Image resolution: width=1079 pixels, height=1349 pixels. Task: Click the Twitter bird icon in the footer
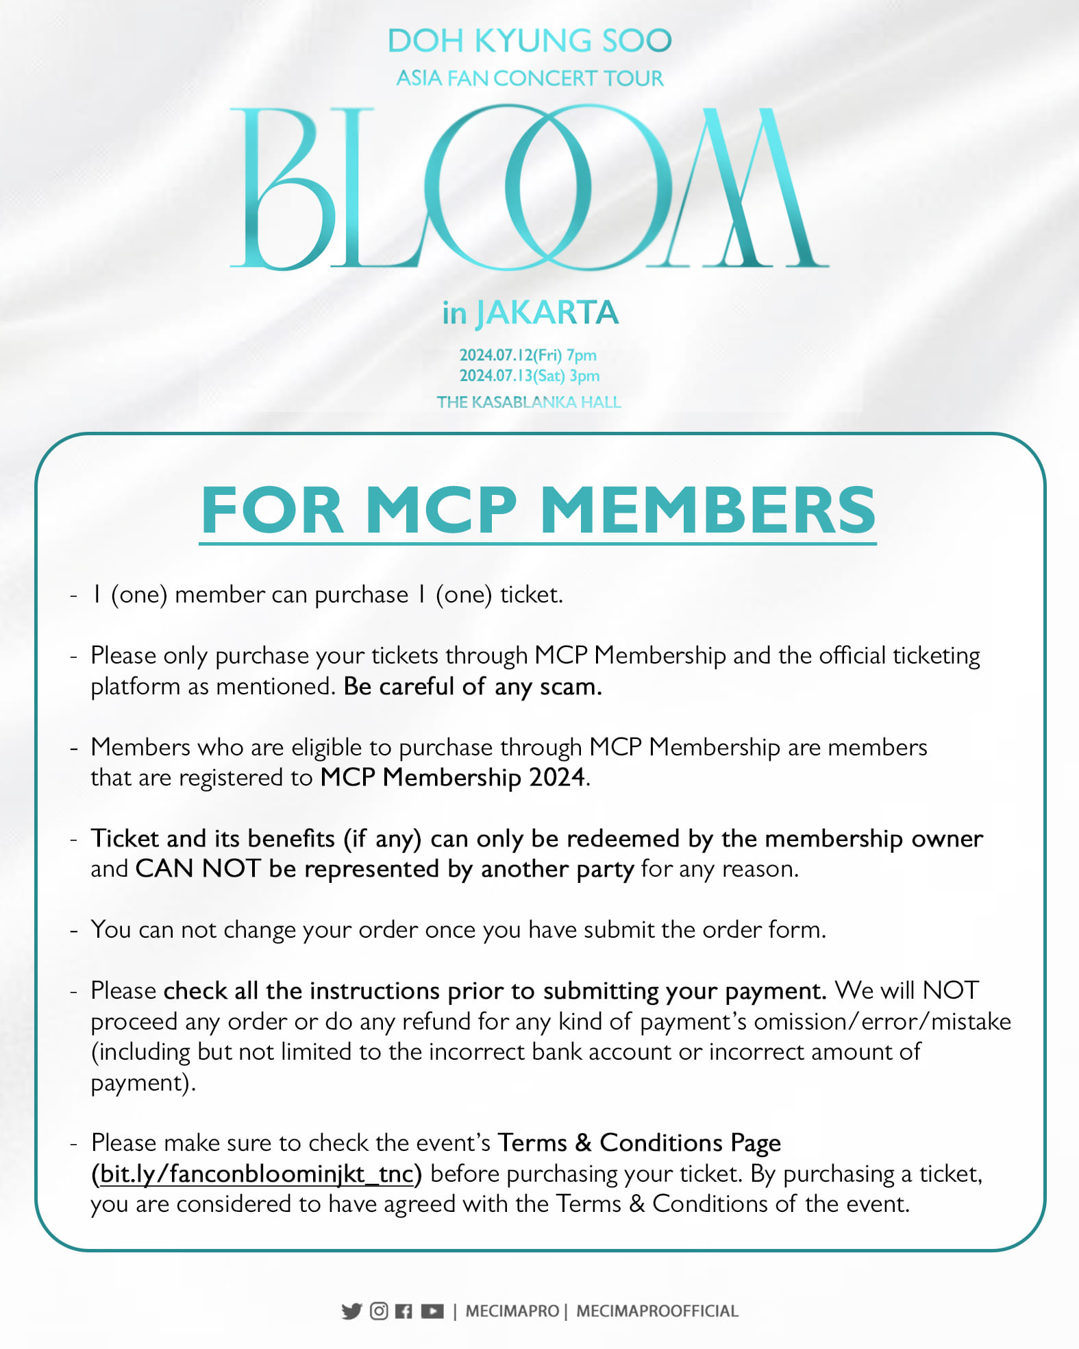tap(351, 1311)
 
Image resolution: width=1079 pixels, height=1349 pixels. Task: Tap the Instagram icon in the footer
tap(379, 1311)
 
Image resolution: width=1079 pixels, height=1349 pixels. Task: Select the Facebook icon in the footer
tap(404, 1311)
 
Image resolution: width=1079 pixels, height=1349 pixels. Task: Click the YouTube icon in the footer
tap(432, 1311)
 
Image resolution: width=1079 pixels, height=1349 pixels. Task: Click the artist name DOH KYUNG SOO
tap(530, 41)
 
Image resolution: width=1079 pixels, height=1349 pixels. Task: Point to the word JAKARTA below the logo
tap(547, 313)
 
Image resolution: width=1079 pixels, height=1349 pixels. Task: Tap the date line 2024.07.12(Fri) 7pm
tap(528, 355)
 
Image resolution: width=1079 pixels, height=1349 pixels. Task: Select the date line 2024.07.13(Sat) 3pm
tap(530, 376)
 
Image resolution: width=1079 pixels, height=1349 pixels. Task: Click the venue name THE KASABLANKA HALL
tap(529, 402)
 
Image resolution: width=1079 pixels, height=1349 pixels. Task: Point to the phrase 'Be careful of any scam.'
tap(473, 686)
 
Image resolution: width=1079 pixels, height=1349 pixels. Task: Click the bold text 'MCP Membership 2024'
tap(453, 777)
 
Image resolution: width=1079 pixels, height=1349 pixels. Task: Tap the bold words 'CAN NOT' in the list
tap(198, 868)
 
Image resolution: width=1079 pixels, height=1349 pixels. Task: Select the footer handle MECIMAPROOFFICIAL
tap(657, 1311)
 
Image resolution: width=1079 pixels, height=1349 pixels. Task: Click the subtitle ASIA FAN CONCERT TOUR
tap(530, 78)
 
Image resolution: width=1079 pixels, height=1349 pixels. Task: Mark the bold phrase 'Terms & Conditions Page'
tap(639, 1143)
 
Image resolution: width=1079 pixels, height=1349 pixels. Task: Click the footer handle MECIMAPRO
tap(512, 1311)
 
